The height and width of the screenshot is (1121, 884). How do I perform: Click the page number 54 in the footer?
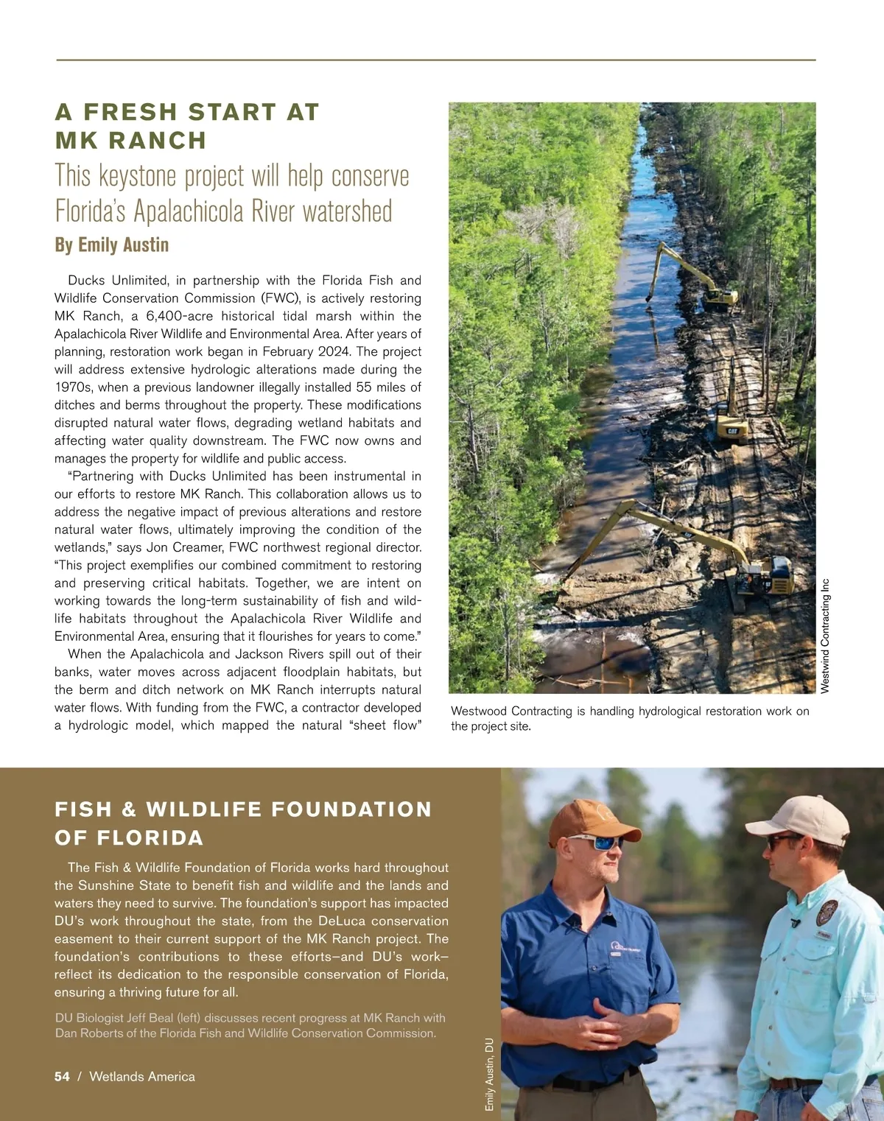click(62, 1077)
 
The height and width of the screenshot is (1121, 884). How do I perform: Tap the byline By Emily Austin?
click(112, 245)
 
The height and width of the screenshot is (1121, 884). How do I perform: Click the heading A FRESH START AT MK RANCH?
click(187, 126)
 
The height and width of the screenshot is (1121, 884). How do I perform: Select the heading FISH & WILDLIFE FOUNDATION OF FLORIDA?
click(243, 823)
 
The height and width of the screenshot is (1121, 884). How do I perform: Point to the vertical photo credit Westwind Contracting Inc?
click(825, 635)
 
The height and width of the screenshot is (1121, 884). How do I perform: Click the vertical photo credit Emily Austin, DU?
click(489, 1075)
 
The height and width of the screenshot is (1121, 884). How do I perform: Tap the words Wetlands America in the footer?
click(142, 1077)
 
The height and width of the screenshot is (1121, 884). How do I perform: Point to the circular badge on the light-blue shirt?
click(826, 913)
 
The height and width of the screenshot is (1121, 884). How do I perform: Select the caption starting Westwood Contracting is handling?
click(630, 718)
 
